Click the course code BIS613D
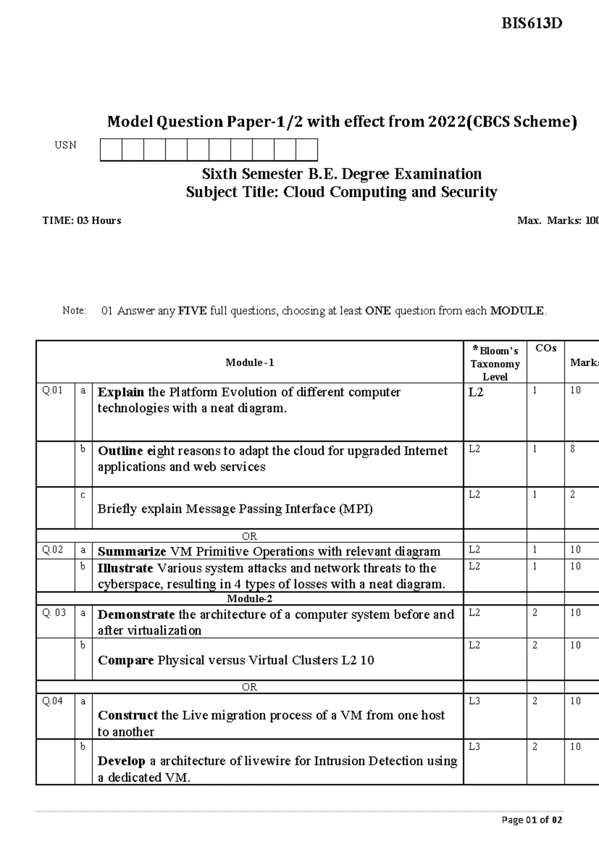(x=532, y=23)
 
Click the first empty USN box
(x=111, y=150)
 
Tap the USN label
(x=65, y=145)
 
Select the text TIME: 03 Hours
(x=82, y=221)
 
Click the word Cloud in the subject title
(x=304, y=192)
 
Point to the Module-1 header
(x=250, y=363)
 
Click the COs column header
(x=546, y=349)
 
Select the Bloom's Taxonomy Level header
(x=495, y=364)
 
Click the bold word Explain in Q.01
(x=121, y=393)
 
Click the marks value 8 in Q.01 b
(x=573, y=449)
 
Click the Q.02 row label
(x=52, y=550)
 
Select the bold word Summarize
(x=132, y=552)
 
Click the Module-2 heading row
(x=250, y=599)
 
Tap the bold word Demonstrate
(x=136, y=615)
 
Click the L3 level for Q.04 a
(x=475, y=701)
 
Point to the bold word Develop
(x=121, y=761)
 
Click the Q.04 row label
(x=52, y=701)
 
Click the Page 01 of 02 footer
(x=532, y=820)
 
